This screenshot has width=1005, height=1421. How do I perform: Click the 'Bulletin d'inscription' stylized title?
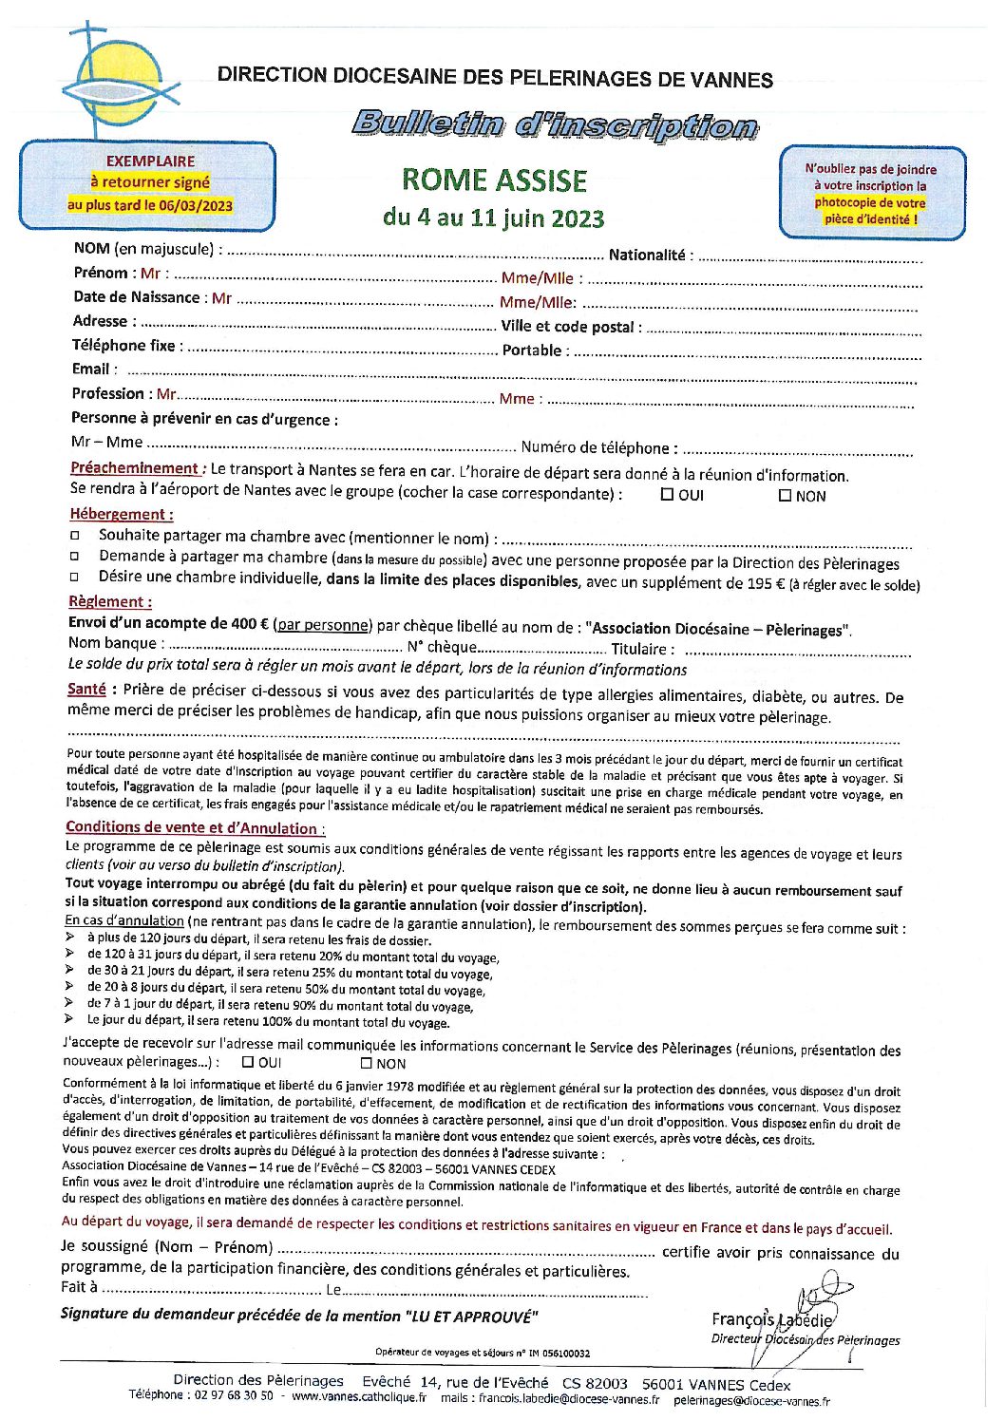click(x=554, y=124)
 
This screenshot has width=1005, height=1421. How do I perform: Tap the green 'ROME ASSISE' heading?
click(x=494, y=180)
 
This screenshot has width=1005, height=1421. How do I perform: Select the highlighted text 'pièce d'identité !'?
click(x=870, y=219)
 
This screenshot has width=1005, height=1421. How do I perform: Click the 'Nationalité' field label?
click(x=647, y=255)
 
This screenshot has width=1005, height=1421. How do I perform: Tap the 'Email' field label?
click(x=90, y=369)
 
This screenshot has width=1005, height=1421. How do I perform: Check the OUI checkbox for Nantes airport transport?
click(x=667, y=495)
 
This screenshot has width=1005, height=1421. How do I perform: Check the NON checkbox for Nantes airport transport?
click(x=785, y=495)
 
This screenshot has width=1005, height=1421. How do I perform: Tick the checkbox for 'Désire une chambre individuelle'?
click(x=75, y=578)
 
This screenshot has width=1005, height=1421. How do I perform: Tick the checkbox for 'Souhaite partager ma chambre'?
click(x=75, y=536)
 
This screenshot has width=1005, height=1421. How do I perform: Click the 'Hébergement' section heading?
click(x=121, y=514)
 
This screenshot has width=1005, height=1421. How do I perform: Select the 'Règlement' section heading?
click(x=109, y=601)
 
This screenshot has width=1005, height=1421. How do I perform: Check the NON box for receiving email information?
click(x=366, y=1064)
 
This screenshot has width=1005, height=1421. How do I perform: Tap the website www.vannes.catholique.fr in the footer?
click(x=359, y=1397)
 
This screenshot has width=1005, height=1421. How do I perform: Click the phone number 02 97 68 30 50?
click(x=233, y=1396)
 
